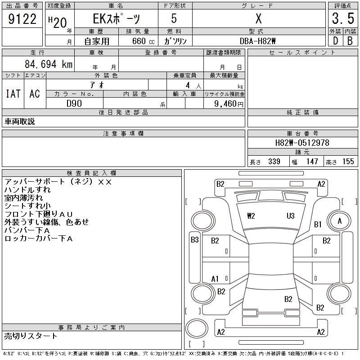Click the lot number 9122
click(x=22, y=19)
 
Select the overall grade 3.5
click(x=343, y=18)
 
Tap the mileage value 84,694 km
click(x=49, y=64)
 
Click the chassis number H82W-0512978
click(x=302, y=143)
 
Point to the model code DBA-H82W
click(x=257, y=41)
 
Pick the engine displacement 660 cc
click(x=143, y=41)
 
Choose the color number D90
click(x=74, y=103)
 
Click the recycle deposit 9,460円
click(x=229, y=104)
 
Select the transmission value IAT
click(x=13, y=94)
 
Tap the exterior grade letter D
click(x=335, y=41)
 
